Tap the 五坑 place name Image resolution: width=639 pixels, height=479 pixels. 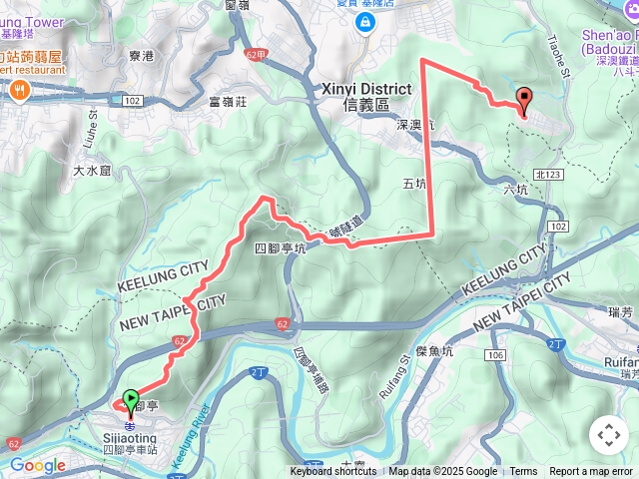pos(414,184)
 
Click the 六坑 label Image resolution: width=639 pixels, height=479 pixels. pos(515,189)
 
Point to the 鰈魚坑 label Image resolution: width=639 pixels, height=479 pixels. pos(435,351)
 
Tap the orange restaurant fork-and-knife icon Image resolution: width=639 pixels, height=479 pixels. pos(19,90)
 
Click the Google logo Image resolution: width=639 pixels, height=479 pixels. pos(37,465)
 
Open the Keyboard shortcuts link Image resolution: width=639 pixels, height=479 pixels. pos(333,472)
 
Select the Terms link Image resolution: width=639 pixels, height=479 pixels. pos(523,472)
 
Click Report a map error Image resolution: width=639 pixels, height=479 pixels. pos(591,472)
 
